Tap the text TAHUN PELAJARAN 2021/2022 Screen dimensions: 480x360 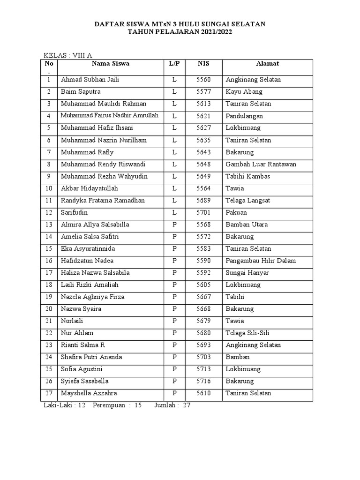[x=180, y=32]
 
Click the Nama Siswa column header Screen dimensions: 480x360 [x=111, y=63]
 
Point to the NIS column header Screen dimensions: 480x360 [x=203, y=63]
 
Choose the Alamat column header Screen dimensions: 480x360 [x=268, y=63]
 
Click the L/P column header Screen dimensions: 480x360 [x=174, y=63]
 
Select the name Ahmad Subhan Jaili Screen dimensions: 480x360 [x=90, y=80]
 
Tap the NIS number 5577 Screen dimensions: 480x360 [x=203, y=92]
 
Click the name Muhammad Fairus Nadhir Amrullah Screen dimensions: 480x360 [x=110, y=116]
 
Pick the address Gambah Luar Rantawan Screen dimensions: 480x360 [x=261, y=165]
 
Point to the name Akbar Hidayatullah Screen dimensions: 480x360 [x=90, y=188]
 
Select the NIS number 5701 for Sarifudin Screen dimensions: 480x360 [x=203, y=213]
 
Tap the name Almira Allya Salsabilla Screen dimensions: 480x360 [x=95, y=225]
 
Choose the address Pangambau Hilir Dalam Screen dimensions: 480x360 [x=261, y=261]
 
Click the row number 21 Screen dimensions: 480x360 [x=49, y=321]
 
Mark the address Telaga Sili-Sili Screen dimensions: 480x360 [x=247, y=333]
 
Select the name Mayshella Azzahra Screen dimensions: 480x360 [x=89, y=393]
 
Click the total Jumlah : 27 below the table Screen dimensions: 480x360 [x=172, y=405]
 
